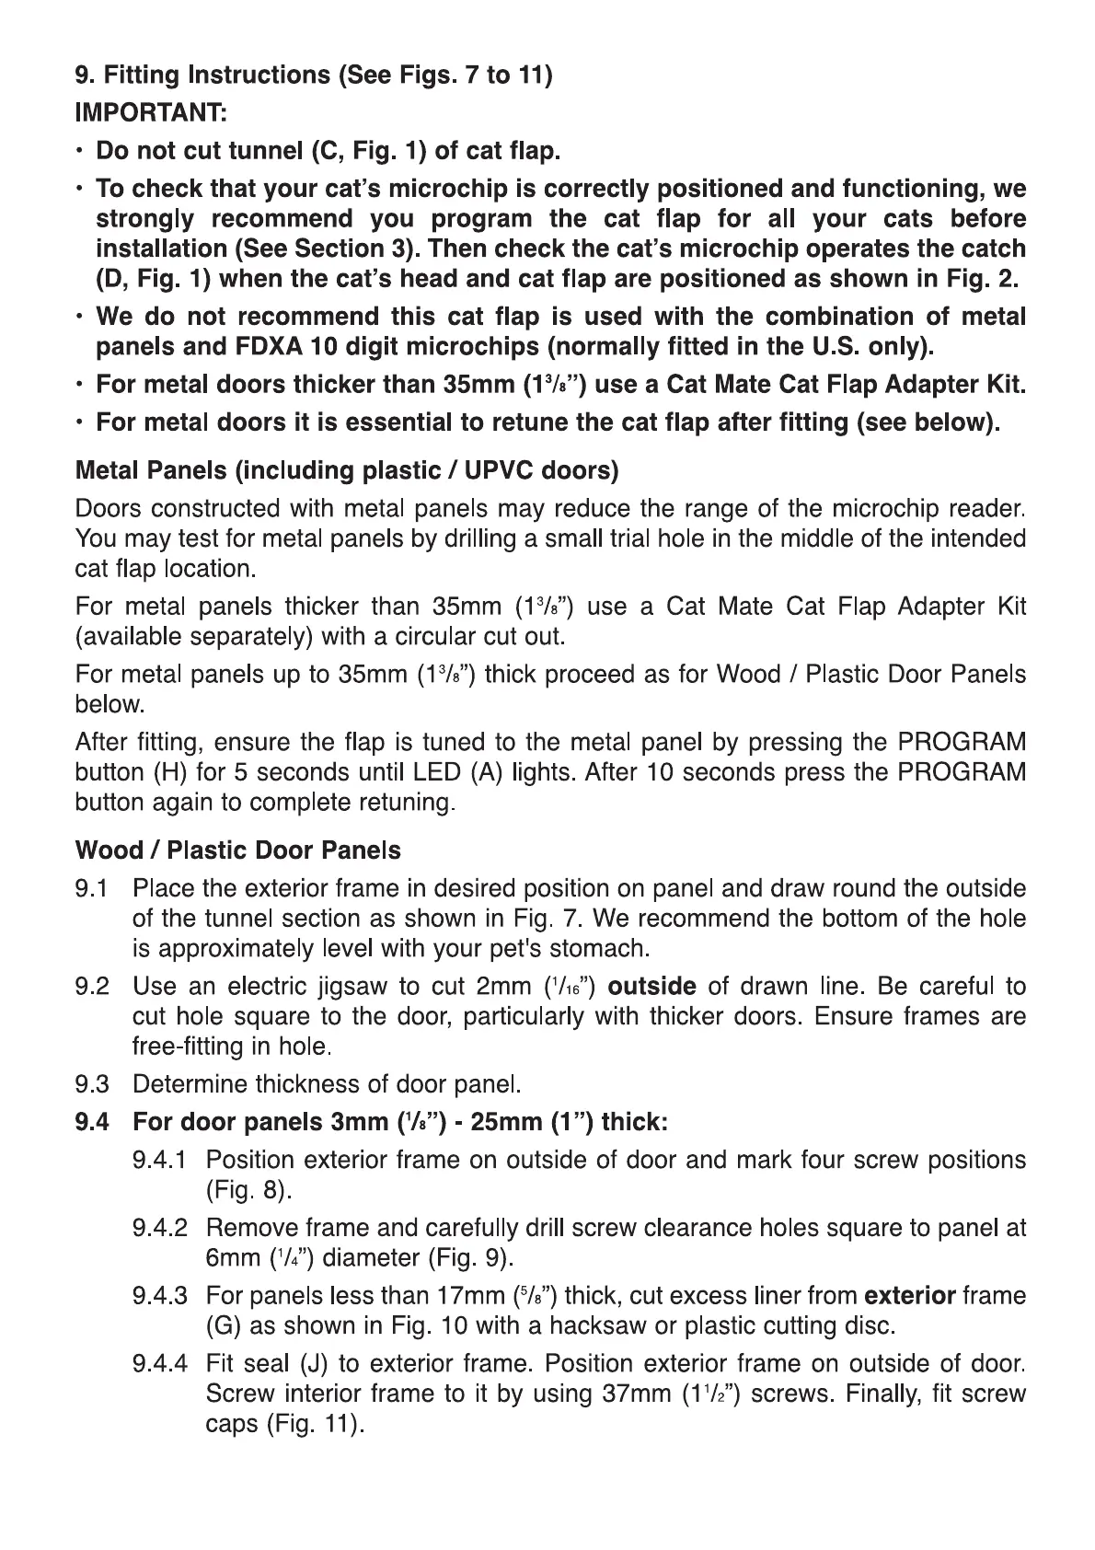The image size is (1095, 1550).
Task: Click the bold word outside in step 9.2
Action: click(652, 987)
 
